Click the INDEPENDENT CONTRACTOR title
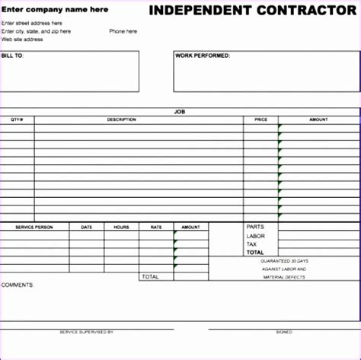[x=251, y=10]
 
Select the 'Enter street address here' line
[x=32, y=23]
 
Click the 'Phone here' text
[x=123, y=31]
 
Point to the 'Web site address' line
[x=22, y=39]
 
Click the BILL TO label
[x=13, y=56]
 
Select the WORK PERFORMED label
[x=203, y=56]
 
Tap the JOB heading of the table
[x=180, y=112]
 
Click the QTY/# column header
[x=17, y=119]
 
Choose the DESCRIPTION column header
[x=122, y=119]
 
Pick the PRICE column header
[x=260, y=119]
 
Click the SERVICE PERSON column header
[x=34, y=227]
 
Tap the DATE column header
[x=87, y=227]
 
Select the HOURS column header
[x=122, y=227]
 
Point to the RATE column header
[x=156, y=227]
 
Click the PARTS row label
[x=254, y=227]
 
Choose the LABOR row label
[x=255, y=235]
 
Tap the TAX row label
[x=251, y=244]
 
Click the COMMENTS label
[x=18, y=285]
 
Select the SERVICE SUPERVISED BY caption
[x=86, y=332]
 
